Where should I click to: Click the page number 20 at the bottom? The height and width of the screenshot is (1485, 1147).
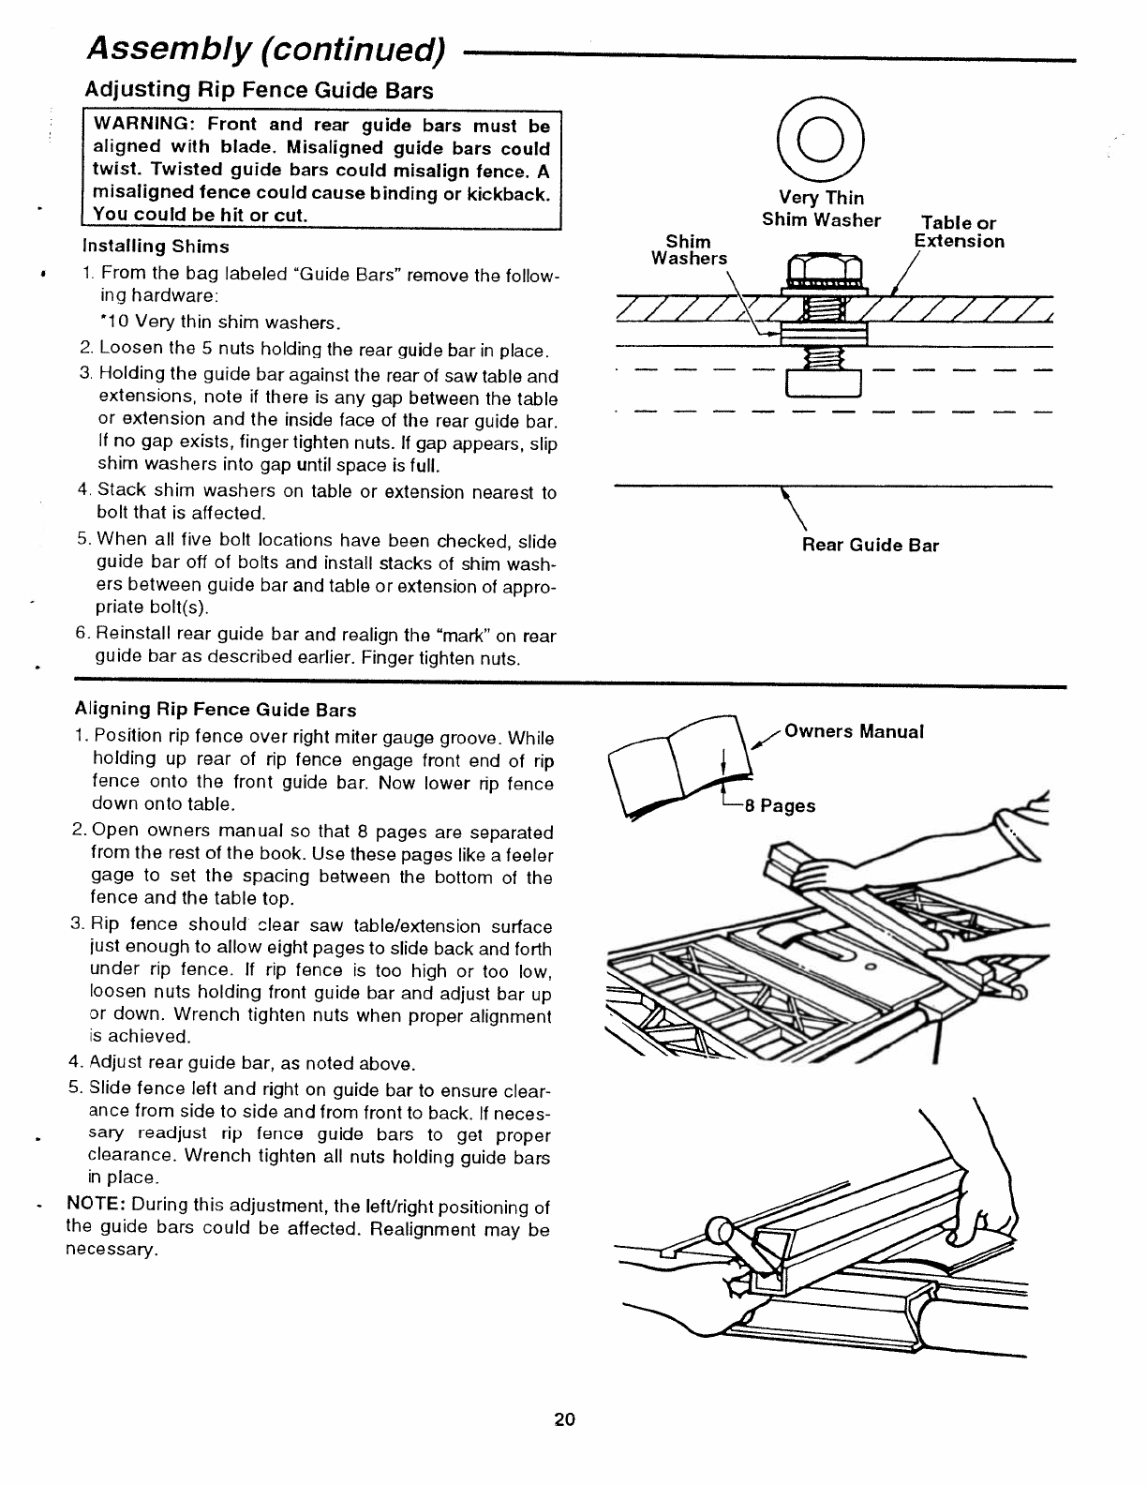click(564, 1419)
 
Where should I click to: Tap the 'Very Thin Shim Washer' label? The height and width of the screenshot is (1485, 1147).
click(821, 209)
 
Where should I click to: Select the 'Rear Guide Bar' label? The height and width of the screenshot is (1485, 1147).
click(870, 546)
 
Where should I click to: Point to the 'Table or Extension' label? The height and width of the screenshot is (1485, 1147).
click(959, 232)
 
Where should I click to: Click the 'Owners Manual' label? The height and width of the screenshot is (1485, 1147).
click(854, 731)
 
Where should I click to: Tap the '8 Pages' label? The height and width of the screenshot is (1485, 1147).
click(780, 806)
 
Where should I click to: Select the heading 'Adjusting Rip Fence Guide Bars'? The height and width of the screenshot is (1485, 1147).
click(260, 91)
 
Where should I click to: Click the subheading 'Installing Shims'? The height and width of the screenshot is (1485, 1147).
click(156, 247)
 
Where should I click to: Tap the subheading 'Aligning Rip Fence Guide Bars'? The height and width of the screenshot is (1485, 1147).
click(216, 709)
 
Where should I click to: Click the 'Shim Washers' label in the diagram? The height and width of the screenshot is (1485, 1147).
click(689, 250)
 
